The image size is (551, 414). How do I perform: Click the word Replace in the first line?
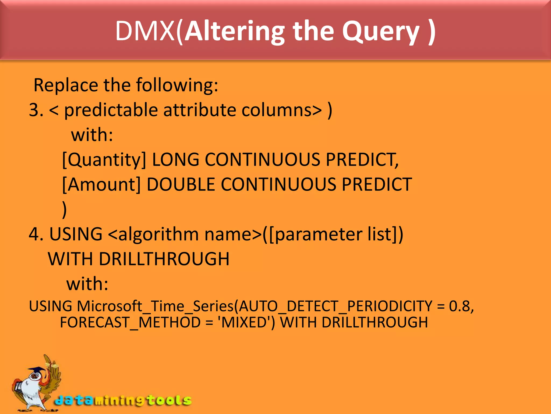(66, 85)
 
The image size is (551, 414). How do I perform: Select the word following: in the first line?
(177, 85)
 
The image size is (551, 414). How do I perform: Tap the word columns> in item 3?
(281, 110)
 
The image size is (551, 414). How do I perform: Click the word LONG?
(175, 160)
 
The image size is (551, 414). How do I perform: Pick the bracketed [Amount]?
(101, 185)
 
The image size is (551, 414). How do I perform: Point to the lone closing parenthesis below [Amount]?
(64, 209)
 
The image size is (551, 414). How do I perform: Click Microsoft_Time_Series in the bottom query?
(156, 306)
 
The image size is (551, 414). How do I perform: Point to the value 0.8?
(461, 306)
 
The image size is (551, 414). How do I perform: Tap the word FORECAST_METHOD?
(130, 323)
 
